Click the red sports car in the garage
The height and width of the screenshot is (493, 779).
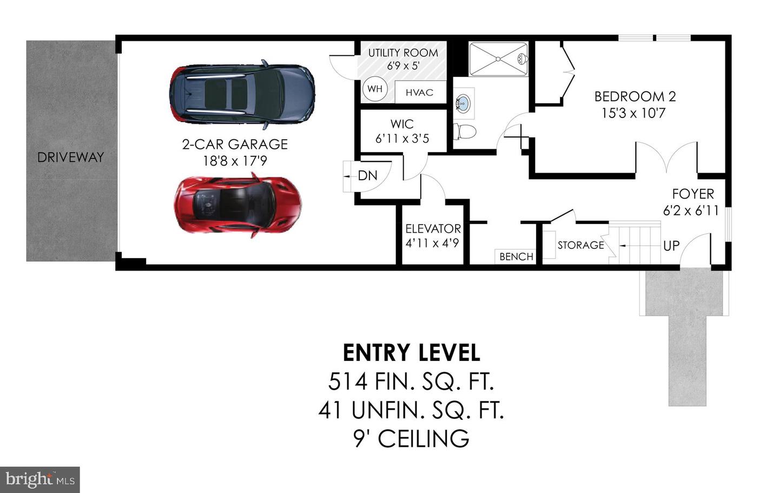point(237,205)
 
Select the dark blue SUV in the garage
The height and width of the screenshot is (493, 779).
point(242,95)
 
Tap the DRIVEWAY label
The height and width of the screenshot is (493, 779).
point(70,157)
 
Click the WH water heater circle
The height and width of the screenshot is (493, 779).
point(375,89)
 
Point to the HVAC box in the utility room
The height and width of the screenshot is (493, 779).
point(419,93)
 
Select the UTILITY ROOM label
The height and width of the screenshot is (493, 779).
point(403,52)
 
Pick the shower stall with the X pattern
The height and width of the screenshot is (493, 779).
point(498,59)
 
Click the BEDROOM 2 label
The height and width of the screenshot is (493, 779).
point(635,97)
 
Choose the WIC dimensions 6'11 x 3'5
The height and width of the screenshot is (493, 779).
point(402,139)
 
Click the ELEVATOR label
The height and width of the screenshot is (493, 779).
point(433,228)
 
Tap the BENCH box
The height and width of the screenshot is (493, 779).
point(516,257)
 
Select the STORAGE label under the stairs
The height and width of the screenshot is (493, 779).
point(580,245)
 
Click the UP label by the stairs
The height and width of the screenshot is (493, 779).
point(671,246)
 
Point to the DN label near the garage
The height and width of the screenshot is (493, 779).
point(367,176)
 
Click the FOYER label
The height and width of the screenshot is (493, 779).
point(693,194)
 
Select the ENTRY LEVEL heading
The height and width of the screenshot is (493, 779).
point(411,353)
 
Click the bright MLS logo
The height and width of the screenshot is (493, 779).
point(40,480)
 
